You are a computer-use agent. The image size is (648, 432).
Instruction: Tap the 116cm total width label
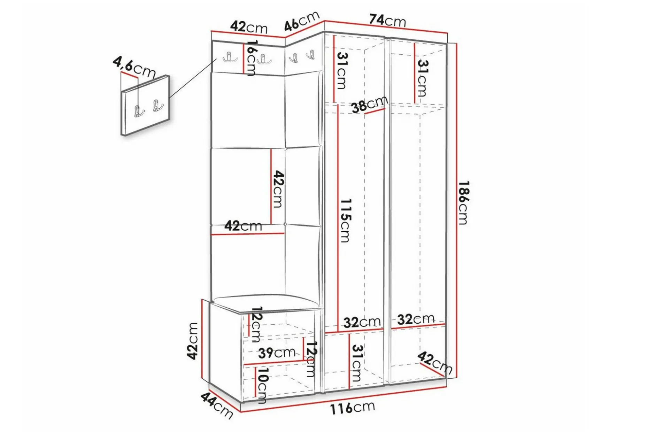click(353, 407)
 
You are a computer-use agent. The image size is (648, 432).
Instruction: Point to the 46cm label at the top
click(302, 21)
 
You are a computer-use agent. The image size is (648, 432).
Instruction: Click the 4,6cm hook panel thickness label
click(134, 67)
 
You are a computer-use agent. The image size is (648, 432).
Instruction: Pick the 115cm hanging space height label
click(345, 221)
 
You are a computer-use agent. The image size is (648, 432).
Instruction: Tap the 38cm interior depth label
click(370, 104)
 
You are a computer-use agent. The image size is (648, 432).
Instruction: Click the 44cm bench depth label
click(216, 405)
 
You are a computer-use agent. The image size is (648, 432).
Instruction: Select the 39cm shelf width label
click(277, 353)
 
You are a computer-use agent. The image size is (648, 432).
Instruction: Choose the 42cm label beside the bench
click(192, 341)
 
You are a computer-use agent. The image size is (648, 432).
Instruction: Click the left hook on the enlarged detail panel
click(139, 111)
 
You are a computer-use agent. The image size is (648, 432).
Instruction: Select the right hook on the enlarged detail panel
click(158, 106)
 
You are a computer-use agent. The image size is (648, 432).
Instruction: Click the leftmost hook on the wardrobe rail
click(230, 57)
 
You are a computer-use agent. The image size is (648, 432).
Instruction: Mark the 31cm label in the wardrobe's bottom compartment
click(357, 363)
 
